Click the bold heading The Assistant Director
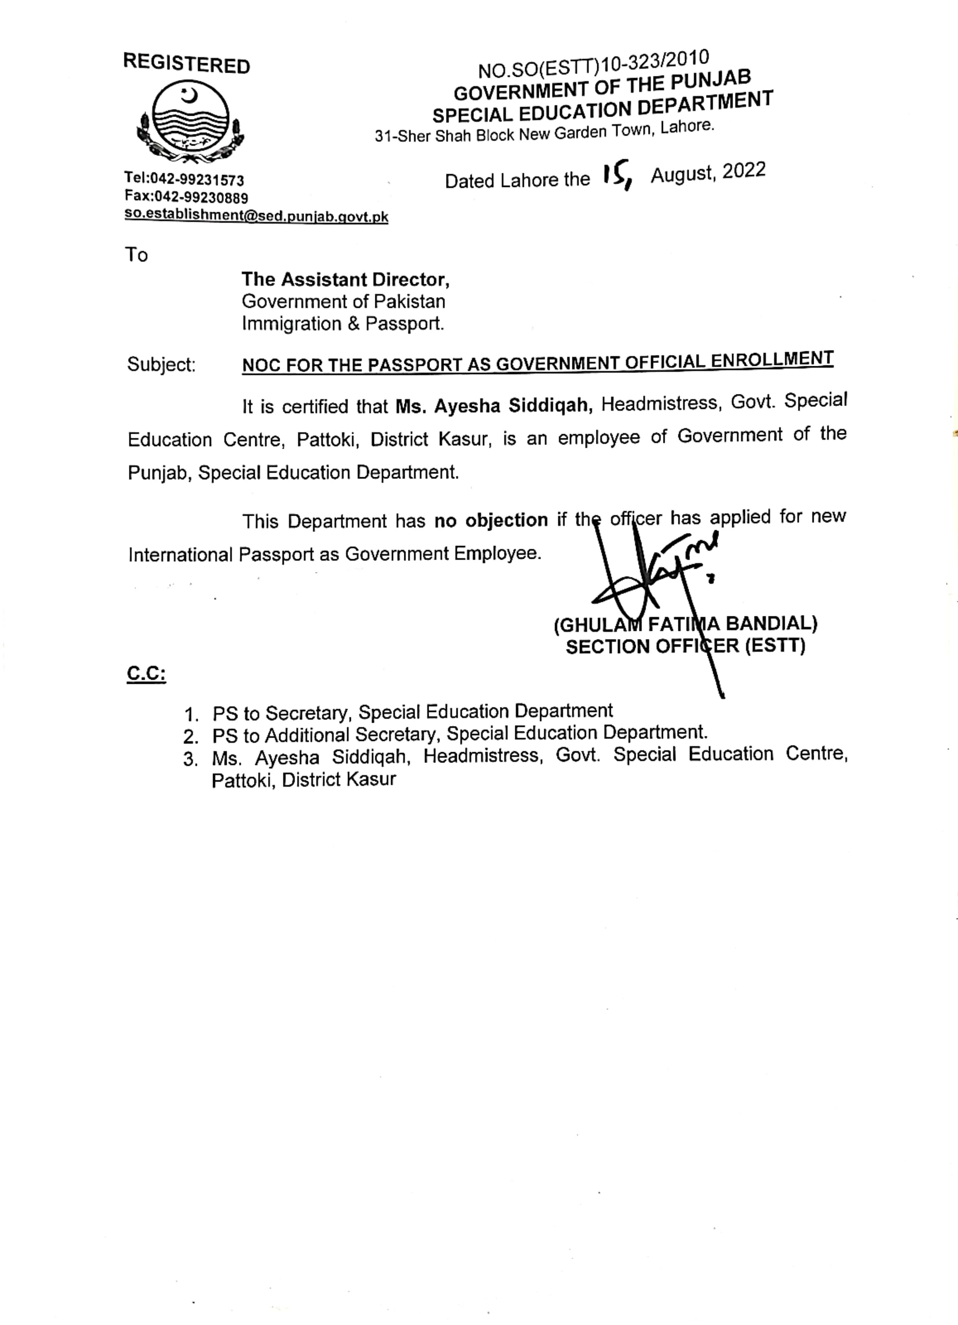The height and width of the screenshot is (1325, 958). (x=345, y=280)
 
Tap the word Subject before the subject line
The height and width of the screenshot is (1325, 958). (x=161, y=365)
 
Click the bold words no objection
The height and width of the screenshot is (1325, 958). (x=491, y=520)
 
